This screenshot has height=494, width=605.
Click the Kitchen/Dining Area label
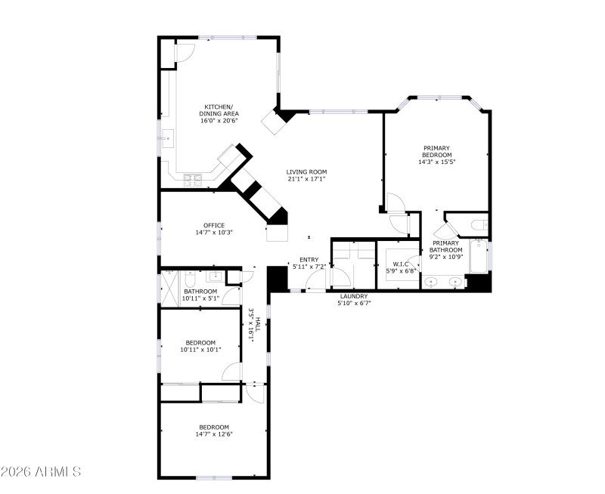(x=219, y=113)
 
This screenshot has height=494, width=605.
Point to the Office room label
(x=214, y=228)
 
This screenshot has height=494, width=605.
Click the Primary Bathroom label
(x=445, y=246)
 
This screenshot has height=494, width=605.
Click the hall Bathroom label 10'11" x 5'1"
(x=200, y=295)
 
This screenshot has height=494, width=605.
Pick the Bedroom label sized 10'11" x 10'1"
(x=200, y=345)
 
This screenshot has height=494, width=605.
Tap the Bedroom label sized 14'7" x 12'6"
(x=214, y=430)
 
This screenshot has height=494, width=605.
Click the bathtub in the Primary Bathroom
(x=479, y=257)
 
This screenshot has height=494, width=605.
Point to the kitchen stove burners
(x=194, y=179)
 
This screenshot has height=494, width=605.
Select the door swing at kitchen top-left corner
(x=184, y=51)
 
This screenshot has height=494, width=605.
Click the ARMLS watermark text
(x=41, y=472)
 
